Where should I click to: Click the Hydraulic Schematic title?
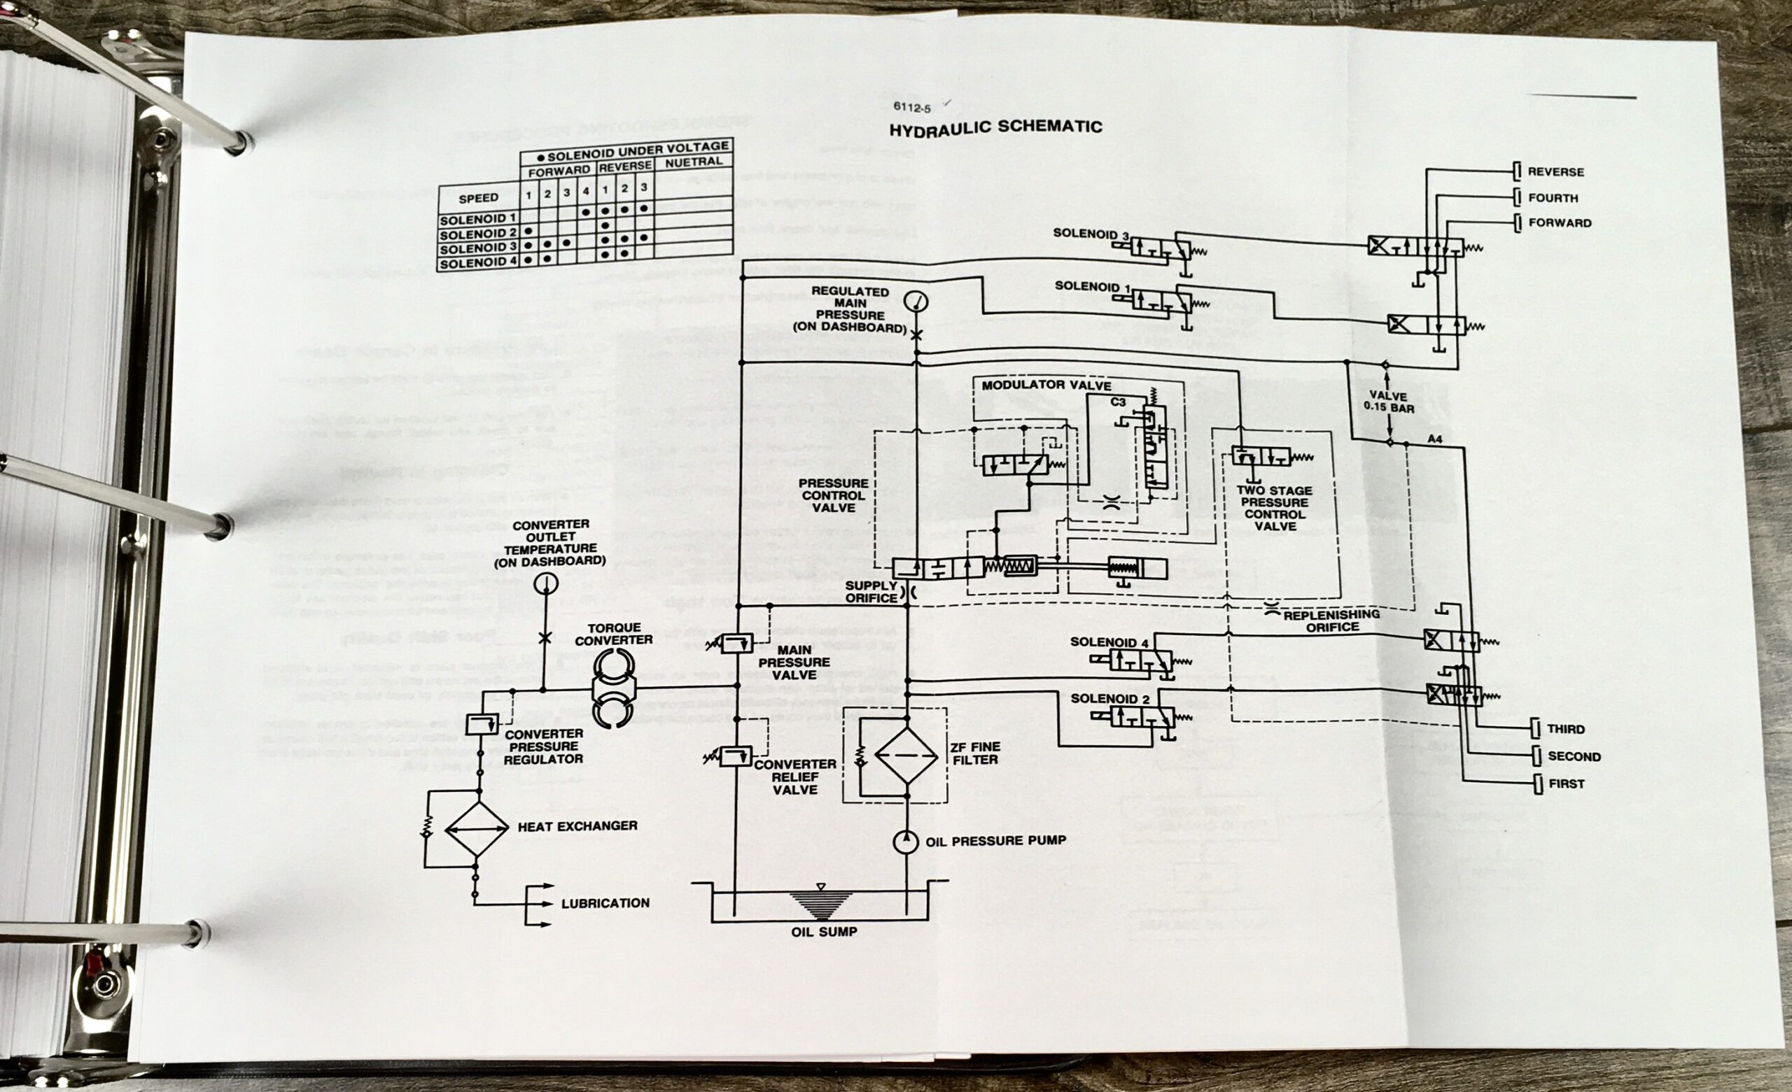[x=995, y=128]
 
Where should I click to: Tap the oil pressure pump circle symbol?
[x=906, y=842]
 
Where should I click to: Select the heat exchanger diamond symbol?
[x=477, y=830]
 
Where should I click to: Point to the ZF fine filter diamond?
[x=906, y=756]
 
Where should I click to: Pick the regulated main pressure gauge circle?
[x=916, y=301]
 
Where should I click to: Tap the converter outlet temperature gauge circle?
[x=545, y=584]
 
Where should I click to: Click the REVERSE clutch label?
[x=1555, y=172]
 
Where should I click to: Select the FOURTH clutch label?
[x=1553, y=198]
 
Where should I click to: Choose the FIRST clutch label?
[x=1566, y=783]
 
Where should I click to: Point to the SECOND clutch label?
[x=1574, y=756]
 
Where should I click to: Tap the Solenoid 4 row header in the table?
[x=478, y=262]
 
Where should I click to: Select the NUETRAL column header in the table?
[x=693, y=162]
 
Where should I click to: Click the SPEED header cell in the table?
[x=479, y=198]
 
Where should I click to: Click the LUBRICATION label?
[x=605, y=903]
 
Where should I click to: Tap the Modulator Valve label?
[x=1046, y=385]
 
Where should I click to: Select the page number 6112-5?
[x=911, y=108]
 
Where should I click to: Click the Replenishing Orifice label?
[x=1331, y=621]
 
